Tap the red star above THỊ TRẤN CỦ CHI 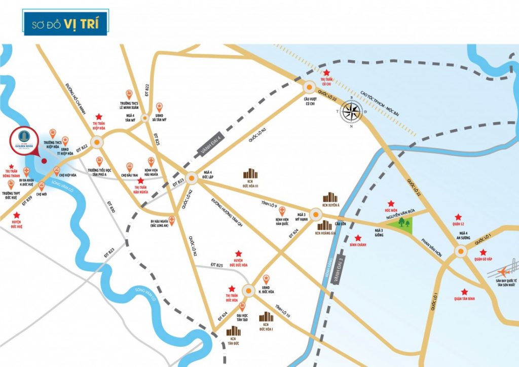(327, 73)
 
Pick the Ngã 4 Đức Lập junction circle (192, 178)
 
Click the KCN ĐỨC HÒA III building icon (250, 174)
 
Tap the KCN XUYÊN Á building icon (331, 198)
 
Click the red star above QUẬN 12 (458, 217)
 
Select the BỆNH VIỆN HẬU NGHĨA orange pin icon (150, 161)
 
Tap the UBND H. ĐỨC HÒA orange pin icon (265, 278)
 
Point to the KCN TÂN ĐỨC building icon (233, 331)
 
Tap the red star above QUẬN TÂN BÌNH (464, 291)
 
